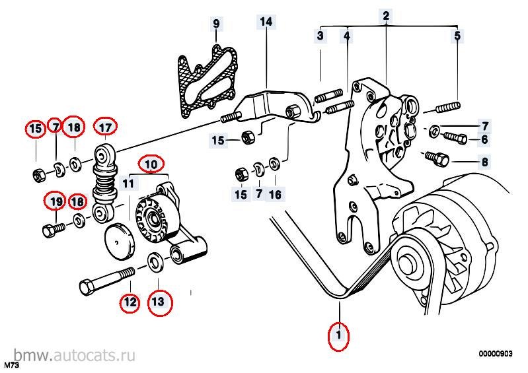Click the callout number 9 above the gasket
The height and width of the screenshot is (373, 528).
point(216,24)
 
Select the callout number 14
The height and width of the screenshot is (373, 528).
point(266,22)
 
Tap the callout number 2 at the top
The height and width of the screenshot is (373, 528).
point(386,16)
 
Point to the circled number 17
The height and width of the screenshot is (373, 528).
point(105,127)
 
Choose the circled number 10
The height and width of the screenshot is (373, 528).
point(151,164)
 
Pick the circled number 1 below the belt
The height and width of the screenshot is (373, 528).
point(339,335)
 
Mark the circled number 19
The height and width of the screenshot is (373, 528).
point(56,201)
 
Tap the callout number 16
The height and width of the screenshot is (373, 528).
point(275,195)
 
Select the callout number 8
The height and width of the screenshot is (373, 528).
point(484,162)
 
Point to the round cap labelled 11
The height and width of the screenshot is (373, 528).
point(119,241)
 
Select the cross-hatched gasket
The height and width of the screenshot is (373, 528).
point(207,82)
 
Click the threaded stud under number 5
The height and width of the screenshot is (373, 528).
point(448,108)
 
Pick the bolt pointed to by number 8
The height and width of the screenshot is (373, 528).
point(436,158)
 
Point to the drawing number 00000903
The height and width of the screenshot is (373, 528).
point(496,353)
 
